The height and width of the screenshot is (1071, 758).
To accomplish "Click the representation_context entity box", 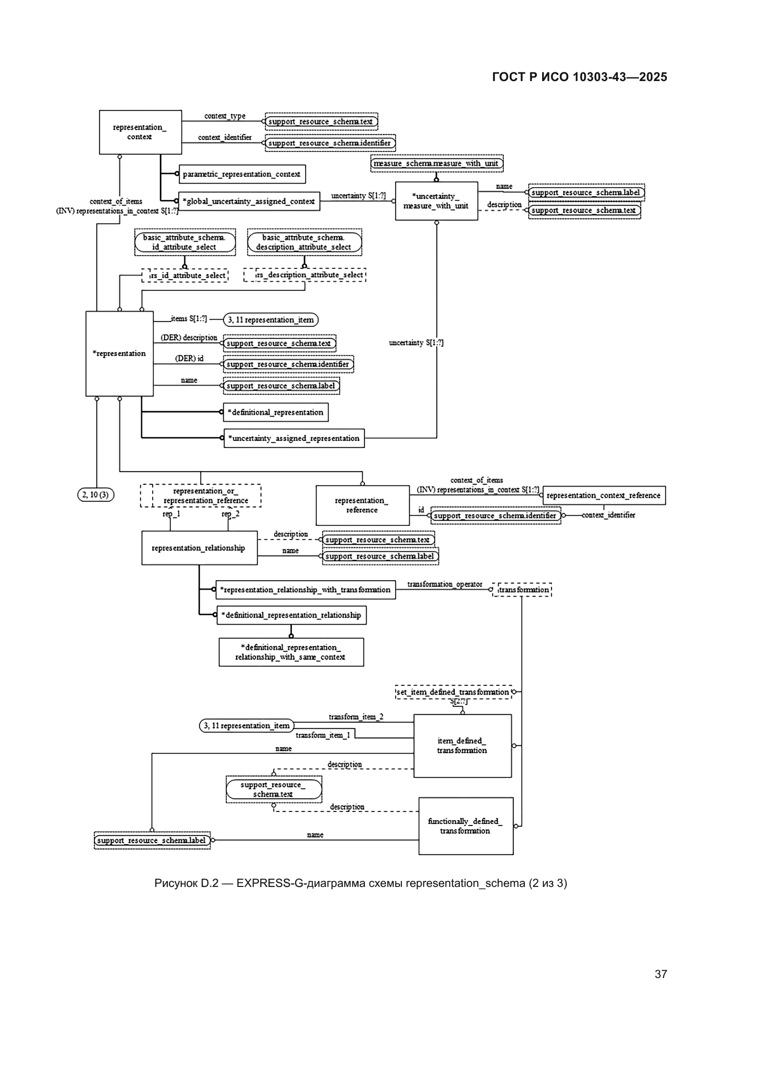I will coord(140,132).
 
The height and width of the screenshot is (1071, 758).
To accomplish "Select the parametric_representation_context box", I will coord(242,174).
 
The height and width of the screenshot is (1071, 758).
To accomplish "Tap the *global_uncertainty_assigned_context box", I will coord(249,201).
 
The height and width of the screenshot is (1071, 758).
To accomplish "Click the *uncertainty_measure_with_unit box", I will coord(436,201).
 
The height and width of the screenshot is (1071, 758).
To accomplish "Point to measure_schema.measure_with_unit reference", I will coord(436,163).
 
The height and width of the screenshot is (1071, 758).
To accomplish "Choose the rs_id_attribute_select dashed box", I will coord(185,275).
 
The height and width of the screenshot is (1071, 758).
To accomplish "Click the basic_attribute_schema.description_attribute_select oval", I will coord(304,242).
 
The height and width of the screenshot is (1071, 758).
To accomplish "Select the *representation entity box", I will coord(120,353).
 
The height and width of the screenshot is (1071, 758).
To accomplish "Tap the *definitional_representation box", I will coord(275,413).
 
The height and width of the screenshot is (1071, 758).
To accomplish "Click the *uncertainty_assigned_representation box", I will coord(294,439).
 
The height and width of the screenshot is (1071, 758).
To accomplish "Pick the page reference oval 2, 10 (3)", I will coord(96,495).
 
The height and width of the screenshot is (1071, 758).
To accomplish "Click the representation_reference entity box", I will coord(362,505).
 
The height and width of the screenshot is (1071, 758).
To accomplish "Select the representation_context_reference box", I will coord(604,495).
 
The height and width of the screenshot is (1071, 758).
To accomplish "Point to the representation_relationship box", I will coord(199,548).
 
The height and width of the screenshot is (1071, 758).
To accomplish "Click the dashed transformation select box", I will coord(523,590).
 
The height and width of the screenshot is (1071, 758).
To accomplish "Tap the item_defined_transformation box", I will coord(462,745).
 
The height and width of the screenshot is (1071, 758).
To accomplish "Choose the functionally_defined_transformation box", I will coord(465,826).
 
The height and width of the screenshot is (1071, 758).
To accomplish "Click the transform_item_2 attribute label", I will coord(356,717).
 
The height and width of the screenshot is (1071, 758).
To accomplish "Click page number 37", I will coord(660,974).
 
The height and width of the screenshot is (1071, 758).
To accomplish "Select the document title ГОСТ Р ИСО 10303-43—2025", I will coord(579,77).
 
